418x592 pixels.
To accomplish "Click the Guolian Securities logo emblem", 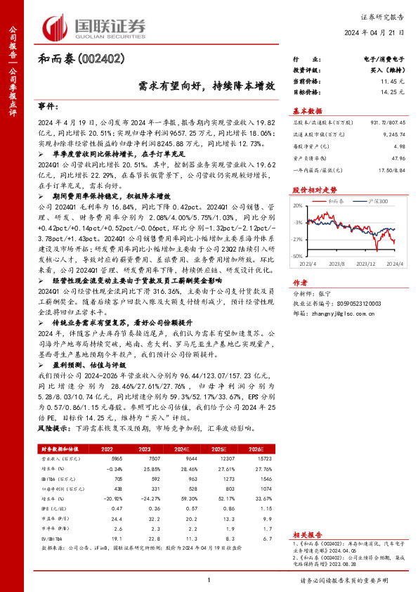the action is point(58,27).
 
